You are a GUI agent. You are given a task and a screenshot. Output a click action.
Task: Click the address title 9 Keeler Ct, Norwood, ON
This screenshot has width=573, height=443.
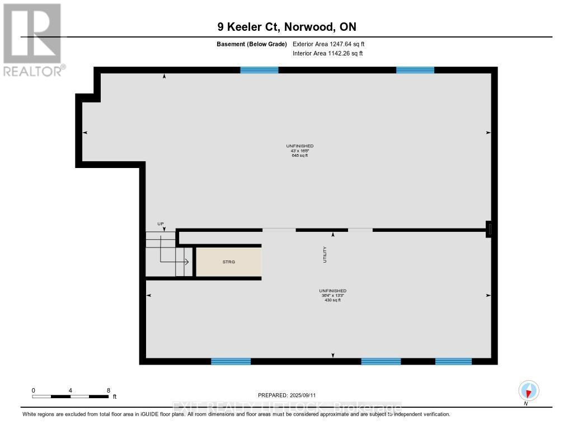click(x=286, y=27)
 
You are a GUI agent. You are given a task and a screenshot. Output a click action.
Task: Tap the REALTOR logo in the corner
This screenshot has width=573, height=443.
click(x=32, y=40)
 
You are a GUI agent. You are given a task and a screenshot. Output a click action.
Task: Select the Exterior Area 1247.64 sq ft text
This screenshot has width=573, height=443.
click(x=328, y=44)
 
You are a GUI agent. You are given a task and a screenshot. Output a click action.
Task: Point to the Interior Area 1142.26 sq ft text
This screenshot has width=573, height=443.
click(x=327, y=54)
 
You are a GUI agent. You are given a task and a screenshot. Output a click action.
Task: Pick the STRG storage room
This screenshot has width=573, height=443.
click(x=228, y=261)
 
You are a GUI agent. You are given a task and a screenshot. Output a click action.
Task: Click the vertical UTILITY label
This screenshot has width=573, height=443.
click(x=325, y=255)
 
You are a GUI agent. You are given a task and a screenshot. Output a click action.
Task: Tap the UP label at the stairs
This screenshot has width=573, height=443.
click(x=161, y=224)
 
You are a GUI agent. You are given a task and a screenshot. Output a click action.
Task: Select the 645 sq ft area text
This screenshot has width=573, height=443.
click(x=299, y=155)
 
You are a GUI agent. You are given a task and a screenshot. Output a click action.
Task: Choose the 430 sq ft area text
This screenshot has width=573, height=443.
click(x=332, y=300)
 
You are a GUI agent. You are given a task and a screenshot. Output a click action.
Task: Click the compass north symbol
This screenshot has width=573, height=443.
click(x=528, y=390)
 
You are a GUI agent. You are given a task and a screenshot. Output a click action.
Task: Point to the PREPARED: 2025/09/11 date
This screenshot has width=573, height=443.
click(x=286, y=395)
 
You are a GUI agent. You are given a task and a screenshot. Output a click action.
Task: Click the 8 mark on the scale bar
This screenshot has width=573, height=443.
click(x=108, y=390)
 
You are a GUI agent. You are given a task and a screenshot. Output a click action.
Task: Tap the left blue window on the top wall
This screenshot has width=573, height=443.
click(x=259, y=70)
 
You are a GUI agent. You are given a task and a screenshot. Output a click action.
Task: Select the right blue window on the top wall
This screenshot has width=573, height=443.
click(x=415, y=70)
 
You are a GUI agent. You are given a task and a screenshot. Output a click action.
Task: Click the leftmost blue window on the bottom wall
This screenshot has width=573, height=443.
click(x=231, y=361)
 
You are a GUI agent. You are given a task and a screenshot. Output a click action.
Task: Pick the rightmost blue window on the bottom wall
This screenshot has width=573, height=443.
click(x=453, y=361)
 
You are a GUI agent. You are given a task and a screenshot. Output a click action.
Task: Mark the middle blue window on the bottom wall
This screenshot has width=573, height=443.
click(x=381, y=361)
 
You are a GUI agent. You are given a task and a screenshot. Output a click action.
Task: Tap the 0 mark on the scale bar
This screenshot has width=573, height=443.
click(x=34, y=390)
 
